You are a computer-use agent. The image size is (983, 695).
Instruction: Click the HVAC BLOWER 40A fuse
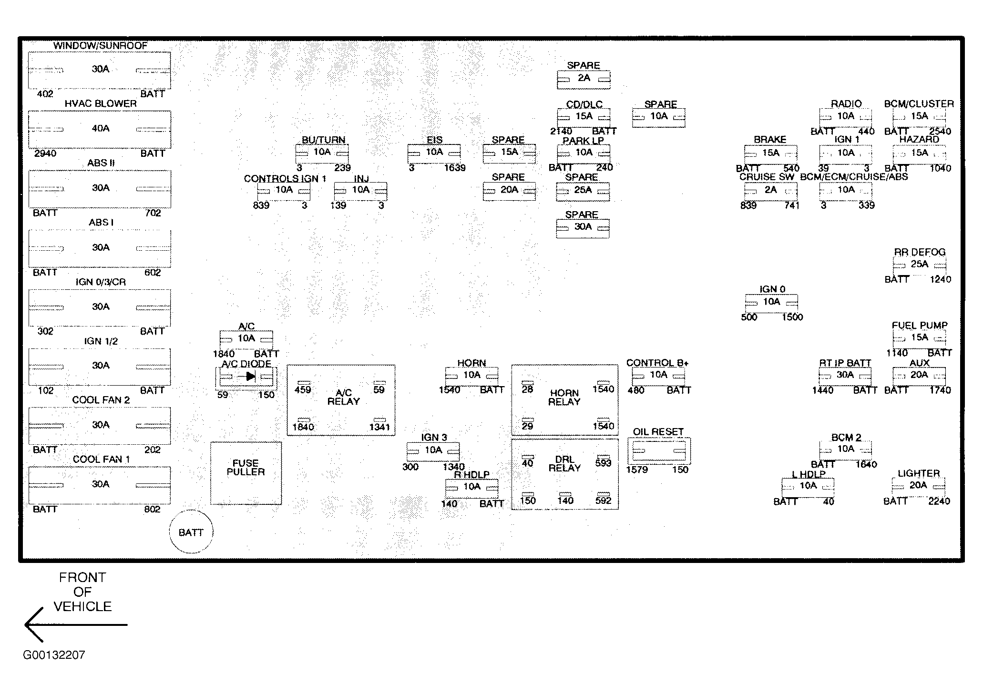point(100,129)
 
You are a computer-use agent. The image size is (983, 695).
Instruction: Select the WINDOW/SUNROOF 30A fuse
point(100,70)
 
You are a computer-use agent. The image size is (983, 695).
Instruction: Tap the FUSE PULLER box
point(246,473)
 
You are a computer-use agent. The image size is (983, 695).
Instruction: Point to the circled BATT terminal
point(191,532)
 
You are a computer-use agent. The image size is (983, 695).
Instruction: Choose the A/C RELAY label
point(343,397)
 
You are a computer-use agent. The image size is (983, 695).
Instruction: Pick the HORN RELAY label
point(564,398)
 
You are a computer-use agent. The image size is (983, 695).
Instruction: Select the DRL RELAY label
point(564,464)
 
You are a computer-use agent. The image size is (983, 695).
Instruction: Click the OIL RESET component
point(659,451)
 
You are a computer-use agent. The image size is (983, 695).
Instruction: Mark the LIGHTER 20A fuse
point(918,486)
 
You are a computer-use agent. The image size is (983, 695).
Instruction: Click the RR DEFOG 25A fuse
point(919,265)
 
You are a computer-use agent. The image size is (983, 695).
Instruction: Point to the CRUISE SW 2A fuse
point(770,190)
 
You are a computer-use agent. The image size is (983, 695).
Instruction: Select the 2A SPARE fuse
point(584,79)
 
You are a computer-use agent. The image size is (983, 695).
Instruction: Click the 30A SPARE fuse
point(583,227)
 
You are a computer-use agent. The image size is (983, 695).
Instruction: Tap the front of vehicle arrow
point(76,624)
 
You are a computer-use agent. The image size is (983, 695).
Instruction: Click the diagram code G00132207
point(54,655)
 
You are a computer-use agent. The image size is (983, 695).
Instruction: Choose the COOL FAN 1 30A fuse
point(100,485)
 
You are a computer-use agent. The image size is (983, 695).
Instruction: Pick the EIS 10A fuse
point(434,153)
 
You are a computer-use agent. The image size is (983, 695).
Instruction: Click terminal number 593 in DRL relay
point(603,463)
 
